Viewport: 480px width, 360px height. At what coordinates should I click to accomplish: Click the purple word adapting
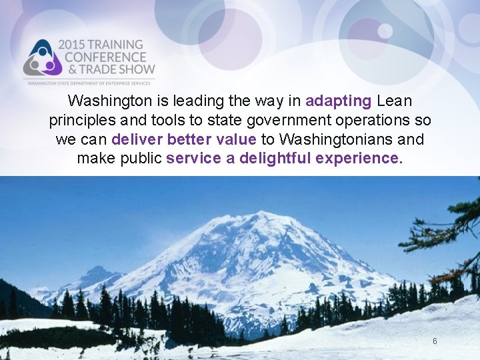pyautogui.click(x=338, y=101)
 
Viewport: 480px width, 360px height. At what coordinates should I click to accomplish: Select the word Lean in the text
pyautogui.click(x=395, y=101)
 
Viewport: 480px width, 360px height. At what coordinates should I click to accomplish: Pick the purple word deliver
pyautogui.click(x=137, y=139)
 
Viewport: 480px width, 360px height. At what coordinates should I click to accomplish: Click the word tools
pyautogui.click(x=167, y=121)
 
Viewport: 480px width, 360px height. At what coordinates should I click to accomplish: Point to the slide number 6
pyautogui.click(x=435, y=341)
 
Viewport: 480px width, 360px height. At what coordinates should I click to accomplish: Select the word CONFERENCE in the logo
pyautogui.click(x=104, y=57)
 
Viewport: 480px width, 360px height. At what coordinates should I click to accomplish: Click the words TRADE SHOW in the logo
pyautogui.click(x=115, y=69)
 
